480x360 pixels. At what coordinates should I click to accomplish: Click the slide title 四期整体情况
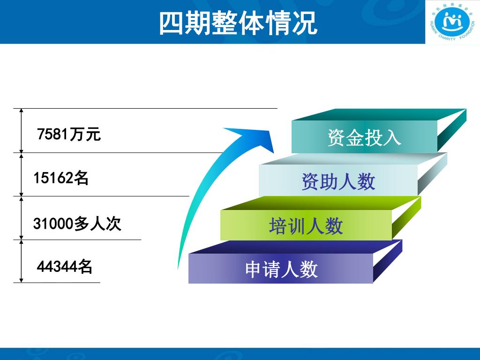(238, 22)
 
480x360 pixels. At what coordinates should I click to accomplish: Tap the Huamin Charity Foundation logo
(452, 22)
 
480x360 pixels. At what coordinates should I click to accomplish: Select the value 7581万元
(69, 135)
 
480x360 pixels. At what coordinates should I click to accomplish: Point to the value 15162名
(61, 178)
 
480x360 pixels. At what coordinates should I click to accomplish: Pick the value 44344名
(64, 266)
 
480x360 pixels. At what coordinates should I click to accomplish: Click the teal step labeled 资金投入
(364, 137)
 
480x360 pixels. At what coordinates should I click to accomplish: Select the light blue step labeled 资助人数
(338, 181)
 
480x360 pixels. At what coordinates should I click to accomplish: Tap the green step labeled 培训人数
(306, 226)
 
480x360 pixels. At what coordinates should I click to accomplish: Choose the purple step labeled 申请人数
(281, 270)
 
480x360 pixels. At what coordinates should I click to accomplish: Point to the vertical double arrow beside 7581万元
(21, 130)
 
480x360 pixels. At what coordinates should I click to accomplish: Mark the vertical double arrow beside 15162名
(21, 174)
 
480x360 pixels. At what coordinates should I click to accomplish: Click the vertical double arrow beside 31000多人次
(21, 217)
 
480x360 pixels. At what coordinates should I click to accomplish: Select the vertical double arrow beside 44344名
(21, 261)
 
